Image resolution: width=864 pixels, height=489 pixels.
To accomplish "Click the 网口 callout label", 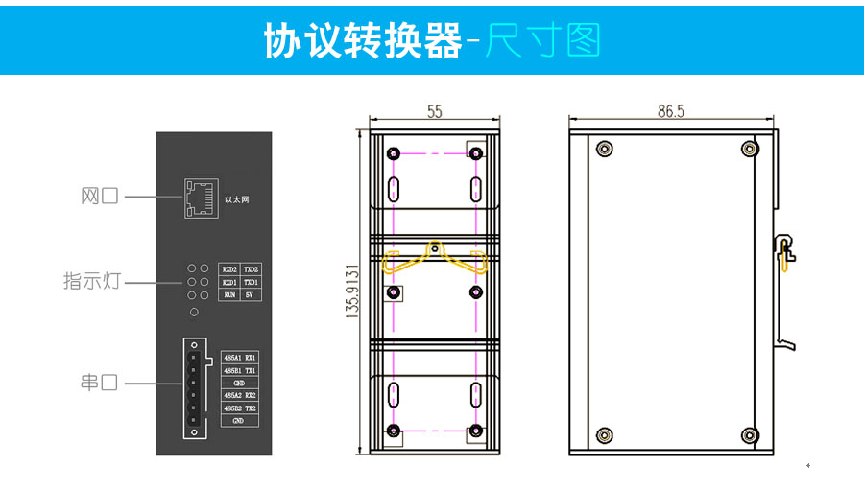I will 99,197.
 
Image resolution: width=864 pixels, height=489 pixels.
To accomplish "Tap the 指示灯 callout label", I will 92,283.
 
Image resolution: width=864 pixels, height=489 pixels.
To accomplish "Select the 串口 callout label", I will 99,383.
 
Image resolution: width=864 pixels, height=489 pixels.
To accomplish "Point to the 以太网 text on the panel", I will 236,199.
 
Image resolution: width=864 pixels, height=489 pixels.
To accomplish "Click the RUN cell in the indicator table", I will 229,296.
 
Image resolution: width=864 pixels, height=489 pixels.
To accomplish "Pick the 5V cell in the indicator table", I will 251,296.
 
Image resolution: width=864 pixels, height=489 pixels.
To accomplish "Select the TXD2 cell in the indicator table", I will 251,269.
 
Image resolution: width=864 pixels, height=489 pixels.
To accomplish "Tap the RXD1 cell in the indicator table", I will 229,283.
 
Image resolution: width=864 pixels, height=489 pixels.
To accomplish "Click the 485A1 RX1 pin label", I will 240,357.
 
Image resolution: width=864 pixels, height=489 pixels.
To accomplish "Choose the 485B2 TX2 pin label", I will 240,407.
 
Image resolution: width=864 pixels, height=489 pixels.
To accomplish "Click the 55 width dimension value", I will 435,112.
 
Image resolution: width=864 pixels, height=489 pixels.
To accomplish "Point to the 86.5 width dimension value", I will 671,112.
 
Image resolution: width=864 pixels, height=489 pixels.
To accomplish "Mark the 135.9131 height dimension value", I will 352,291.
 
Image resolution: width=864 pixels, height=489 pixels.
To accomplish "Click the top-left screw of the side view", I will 603,149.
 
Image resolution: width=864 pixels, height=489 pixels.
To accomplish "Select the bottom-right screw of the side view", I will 749,434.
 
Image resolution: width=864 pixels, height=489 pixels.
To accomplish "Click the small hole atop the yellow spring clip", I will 435,249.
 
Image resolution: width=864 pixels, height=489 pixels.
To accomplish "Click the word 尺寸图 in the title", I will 542,39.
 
